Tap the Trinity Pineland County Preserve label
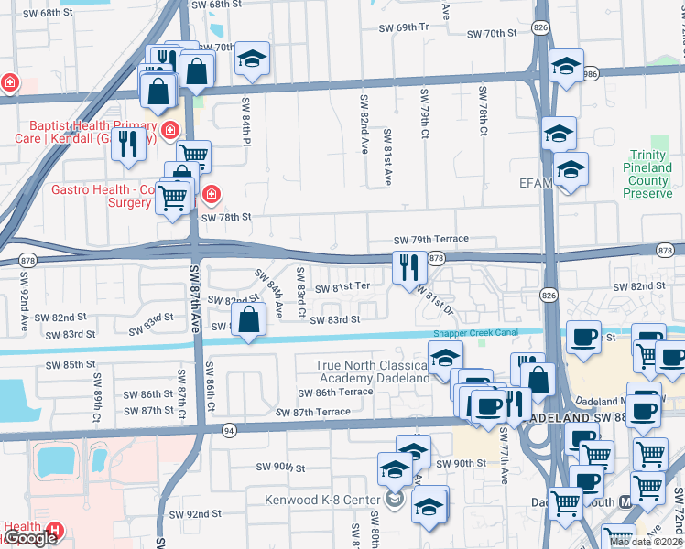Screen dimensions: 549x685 click(x=649, y=175)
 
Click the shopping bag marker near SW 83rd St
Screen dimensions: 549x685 click(x=249, y=320)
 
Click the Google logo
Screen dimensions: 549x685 click(x=31, y=538)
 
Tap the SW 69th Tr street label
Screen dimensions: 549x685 click(x=404, y=27)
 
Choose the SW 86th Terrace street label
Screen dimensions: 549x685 click(x=335, y=392)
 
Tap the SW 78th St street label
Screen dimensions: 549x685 click(x=225, y=218)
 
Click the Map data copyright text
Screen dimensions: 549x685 click(x=646, y=542)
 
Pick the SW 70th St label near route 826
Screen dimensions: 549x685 click(x=492, y=34)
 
